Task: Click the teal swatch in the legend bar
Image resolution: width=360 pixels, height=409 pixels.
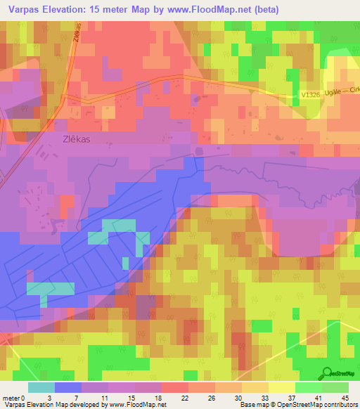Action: point(41,387)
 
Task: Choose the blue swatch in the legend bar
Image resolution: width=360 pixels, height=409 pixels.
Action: point(68,387)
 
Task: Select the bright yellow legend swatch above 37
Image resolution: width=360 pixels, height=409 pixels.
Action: point(281,387)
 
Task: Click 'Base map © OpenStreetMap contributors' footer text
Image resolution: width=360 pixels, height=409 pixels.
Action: point(298,405)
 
